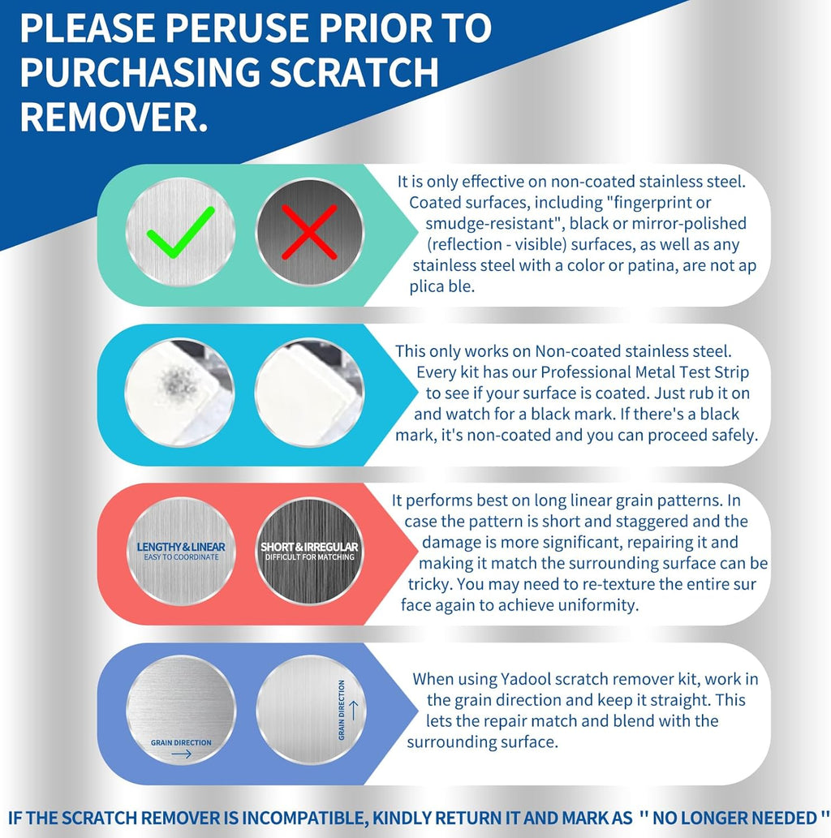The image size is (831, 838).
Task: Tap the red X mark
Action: [x=309, y=231]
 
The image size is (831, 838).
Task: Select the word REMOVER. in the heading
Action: [x=114, y=116]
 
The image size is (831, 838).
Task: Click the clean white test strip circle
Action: [x=309, y=393]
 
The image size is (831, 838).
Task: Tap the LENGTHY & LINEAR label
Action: [x=181, y=548]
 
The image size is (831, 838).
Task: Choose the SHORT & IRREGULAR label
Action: [x=309, y=548]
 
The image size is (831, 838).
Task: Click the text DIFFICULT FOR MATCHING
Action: [x=309, y=557]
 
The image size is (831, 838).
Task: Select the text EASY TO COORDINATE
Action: [x=181, y=557]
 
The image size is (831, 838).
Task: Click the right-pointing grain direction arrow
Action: [x=181, y=754]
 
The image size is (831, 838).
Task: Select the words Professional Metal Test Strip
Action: [x=645, y=372]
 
